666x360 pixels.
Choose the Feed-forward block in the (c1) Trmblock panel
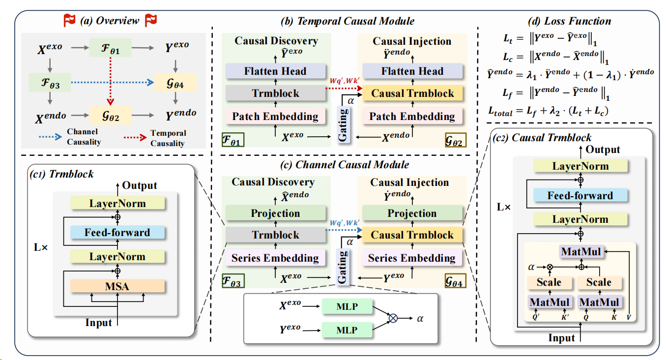coord(117,232)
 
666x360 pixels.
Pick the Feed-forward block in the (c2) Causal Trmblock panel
coord(580,195)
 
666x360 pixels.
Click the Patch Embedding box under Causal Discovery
coord(275,117)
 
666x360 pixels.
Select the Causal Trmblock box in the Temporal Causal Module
coord(412,93)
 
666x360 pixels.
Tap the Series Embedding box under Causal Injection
coord(411,258)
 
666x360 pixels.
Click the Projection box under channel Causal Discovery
coord(275,213)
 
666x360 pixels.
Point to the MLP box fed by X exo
coord(347,307)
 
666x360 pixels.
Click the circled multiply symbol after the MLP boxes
coord(393,318)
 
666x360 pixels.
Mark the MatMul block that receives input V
coord(580,251)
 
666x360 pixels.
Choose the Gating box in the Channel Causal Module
coord(343,266)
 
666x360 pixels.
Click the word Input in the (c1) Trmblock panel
coord(98,323)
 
